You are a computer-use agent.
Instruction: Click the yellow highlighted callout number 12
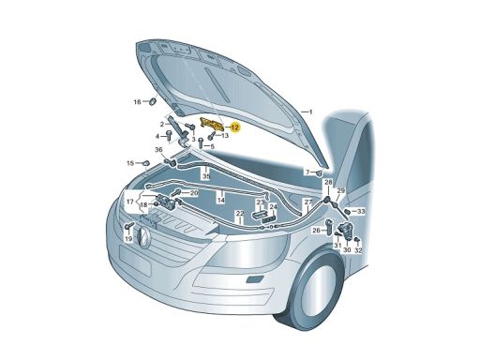235,127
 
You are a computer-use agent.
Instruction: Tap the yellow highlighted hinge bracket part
212,123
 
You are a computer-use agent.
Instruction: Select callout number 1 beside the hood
310,112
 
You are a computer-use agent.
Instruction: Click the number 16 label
138,102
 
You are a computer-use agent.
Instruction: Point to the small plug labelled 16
153,101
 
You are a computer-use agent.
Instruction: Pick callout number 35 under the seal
206,176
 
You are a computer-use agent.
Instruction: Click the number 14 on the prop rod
221,200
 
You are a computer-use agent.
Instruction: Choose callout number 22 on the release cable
240,214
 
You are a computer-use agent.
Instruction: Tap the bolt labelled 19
128,227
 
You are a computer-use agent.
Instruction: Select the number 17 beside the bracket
130,202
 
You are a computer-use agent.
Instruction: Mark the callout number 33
361,212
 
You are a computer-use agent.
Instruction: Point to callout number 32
358,250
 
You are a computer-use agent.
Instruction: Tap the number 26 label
316,231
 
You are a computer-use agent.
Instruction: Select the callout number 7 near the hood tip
307,172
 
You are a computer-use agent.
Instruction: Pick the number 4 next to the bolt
157,136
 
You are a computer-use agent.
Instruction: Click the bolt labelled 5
202,143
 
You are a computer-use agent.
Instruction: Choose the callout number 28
328,182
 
